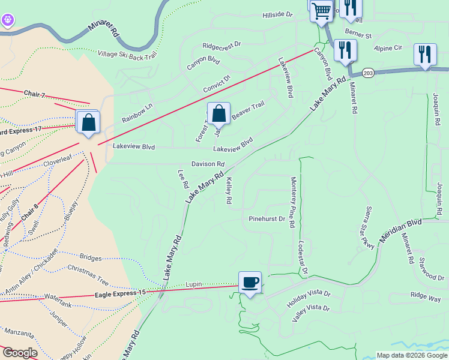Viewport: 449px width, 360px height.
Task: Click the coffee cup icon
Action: [250, 281]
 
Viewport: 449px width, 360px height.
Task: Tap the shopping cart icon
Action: [322, 10]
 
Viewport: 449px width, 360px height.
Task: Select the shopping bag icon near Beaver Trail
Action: [218, 113]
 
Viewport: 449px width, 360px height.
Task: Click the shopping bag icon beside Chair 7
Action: [88, 122]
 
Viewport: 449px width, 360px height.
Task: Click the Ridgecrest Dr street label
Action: [221, 45]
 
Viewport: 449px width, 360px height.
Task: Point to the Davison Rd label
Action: [208, 164]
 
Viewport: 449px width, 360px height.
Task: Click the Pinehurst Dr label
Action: [267, 219]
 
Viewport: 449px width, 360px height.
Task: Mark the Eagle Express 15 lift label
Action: [120, 293]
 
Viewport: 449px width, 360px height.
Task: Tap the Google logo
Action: [20, 353]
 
